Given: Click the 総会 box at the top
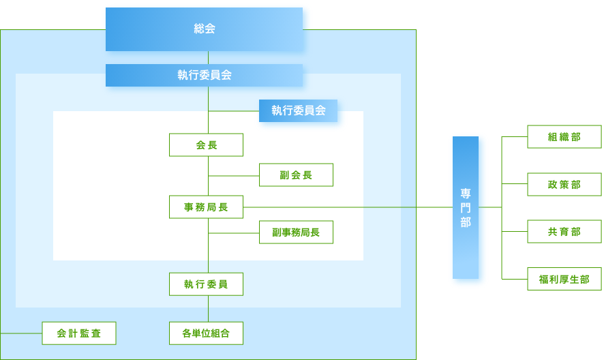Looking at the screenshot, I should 205,29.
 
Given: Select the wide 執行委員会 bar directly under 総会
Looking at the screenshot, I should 205,75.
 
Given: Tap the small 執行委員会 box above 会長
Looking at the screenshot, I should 299,110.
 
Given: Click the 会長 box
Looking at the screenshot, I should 206,145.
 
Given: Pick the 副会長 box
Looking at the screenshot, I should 296,175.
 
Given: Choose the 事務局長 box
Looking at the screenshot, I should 206,207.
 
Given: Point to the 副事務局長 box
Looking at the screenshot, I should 296,232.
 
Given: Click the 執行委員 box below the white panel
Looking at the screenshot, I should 206,284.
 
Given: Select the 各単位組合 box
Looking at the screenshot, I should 206,333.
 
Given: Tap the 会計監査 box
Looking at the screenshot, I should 79,333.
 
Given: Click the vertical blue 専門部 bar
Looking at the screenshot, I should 466,207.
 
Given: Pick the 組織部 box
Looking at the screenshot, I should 565,136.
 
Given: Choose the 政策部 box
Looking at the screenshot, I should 565,184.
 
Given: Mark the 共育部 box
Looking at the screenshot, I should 565,232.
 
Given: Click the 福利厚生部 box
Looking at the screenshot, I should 565,279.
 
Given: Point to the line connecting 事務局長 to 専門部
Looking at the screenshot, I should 348,207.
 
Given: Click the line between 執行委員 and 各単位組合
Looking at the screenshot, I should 208,308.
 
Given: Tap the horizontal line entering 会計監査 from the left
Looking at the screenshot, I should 20,333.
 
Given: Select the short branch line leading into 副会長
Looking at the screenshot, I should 234,175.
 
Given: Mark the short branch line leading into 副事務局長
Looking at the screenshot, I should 234,232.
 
